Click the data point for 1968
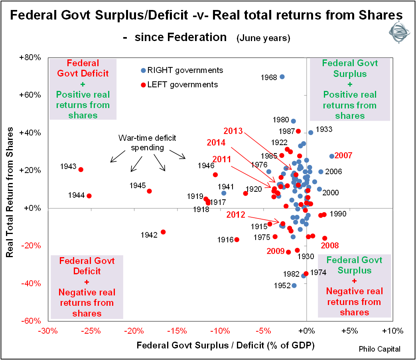coord(282,77)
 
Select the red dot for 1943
coord(81,169)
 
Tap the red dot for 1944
coord(89,196)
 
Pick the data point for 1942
coord(163,232)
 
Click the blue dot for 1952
coord(294,285)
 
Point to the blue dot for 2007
coord(331,156)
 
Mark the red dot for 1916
coord(237,240)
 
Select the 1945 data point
coord(149,191)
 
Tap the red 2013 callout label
coord(233,131)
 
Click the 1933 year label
coord(324,130)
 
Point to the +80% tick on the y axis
coord(30,57)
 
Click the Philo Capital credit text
coord(379,349)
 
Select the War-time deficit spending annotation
coord(147,142)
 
